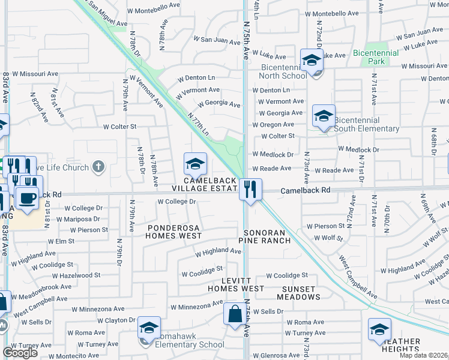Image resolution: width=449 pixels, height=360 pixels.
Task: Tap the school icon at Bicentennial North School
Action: [x=312, y=61]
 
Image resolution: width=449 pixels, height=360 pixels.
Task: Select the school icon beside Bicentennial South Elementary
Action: [x=324, y=116]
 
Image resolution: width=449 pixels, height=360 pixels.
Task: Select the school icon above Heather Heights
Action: [x=379, y=330]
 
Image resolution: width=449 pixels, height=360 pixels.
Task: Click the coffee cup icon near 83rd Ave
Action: [x=27, y=197]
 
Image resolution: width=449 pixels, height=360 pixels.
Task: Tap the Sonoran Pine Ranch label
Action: [x=265, y=236]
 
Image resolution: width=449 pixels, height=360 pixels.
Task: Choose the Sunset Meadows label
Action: [x=298, y=293]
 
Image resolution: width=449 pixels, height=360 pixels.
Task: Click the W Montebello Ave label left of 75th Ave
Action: [x=154, y=11]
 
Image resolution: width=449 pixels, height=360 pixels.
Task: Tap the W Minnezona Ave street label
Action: [x=196, y=307]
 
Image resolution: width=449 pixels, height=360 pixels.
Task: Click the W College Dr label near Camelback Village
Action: [x=176, y=202]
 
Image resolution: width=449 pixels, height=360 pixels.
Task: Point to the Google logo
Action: [x=20, y=353]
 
